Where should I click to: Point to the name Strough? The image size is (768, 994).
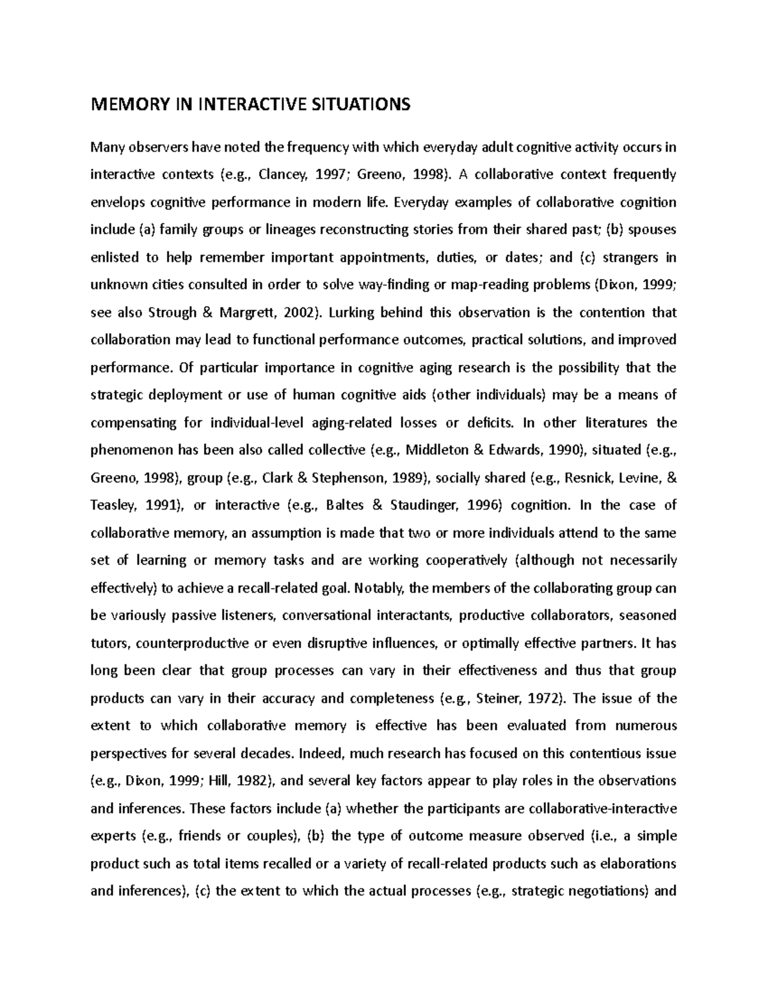point(173,312)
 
